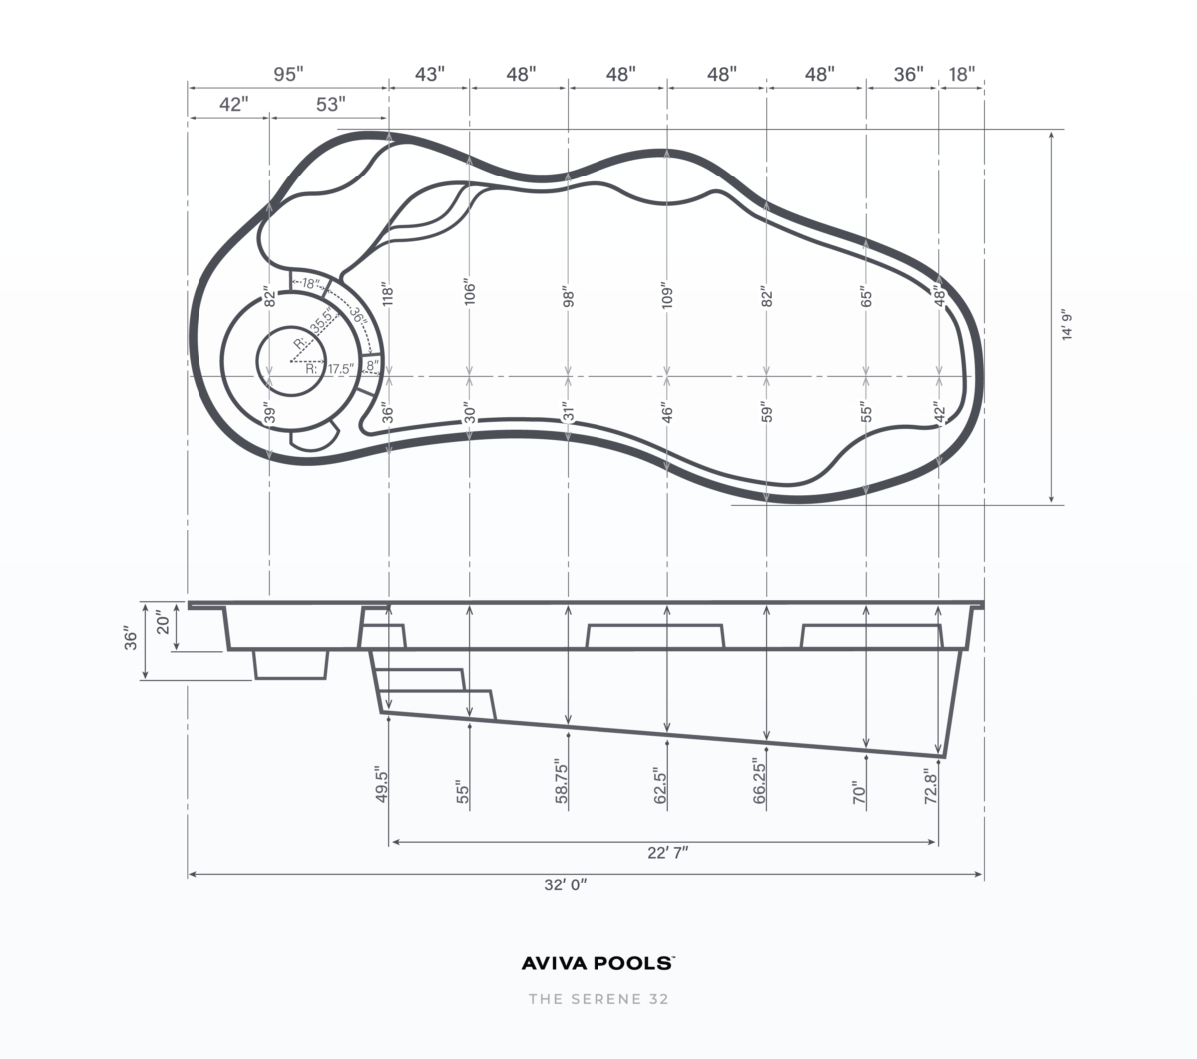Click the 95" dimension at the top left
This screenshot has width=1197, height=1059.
point(288,75)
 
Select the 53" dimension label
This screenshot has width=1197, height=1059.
point(330,105)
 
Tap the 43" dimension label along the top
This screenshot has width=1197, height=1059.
point(429,75)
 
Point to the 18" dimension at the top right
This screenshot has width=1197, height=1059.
point(961,75)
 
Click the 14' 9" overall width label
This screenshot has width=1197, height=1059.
point(1068,325)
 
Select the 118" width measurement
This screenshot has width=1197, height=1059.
point(389,293)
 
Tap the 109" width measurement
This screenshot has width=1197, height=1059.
point(667,296)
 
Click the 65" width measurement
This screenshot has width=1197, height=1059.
point(866,297)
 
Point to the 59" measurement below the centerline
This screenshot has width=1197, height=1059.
point(766,412)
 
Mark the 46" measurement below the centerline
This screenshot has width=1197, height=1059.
point(667,412)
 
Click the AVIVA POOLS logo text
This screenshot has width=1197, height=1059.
point(598,963)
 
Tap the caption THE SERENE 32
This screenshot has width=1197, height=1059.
point(598,999)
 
